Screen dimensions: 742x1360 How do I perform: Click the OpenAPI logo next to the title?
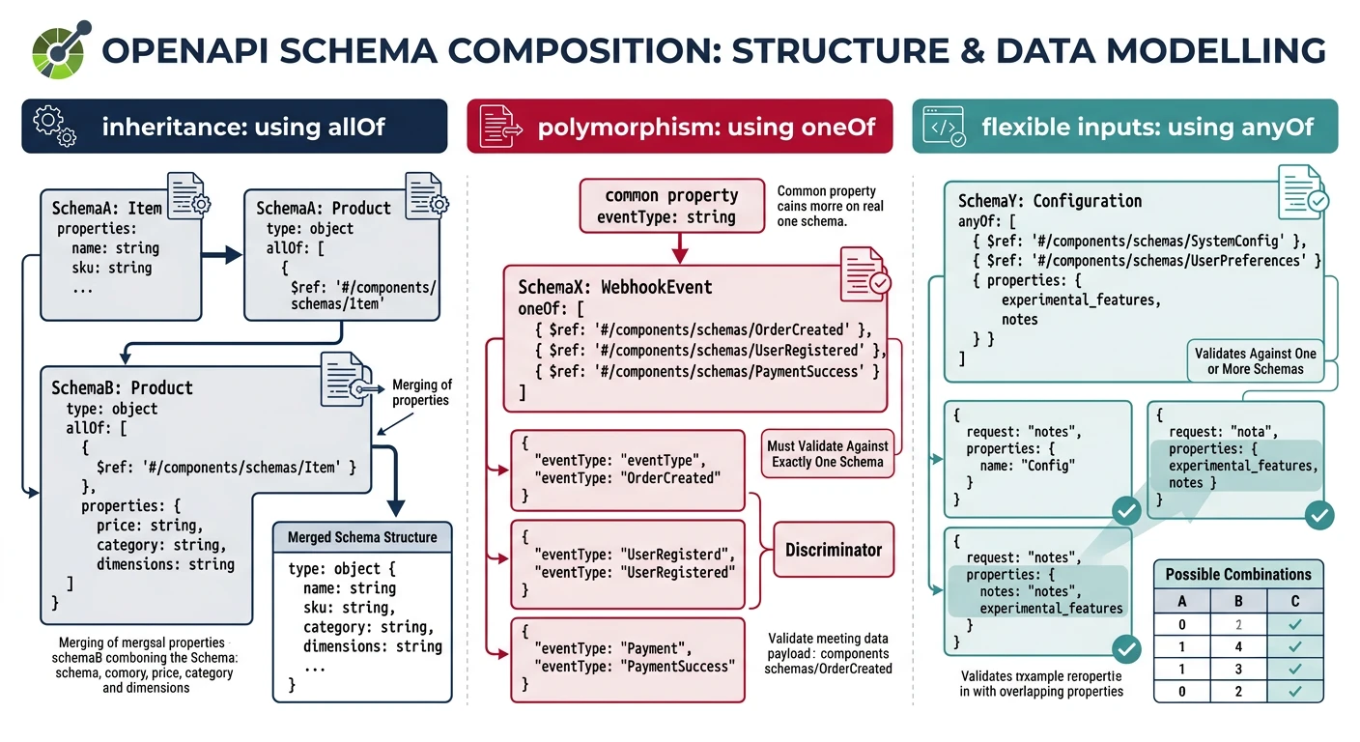click(x=61, y=48)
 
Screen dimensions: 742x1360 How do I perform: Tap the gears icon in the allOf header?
click(x=54, y=127)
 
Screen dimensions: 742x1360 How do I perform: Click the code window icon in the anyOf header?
click(x=943, y=127)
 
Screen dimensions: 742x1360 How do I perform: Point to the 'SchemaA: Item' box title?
click(x=106, y=208)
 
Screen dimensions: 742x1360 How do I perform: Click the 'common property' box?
click(x=670, y=206)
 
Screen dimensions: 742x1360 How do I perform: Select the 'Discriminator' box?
click(x=833, y=550)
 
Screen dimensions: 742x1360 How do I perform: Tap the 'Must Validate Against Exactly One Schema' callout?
click(x=827, y=454)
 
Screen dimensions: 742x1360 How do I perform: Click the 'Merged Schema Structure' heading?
click(x=362, y=537)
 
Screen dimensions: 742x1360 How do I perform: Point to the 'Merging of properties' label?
click(x=421, y=392)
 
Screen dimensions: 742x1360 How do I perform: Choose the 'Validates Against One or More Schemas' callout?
click(x=1255, y=361)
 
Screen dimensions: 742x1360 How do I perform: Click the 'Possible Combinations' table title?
click(x=1238, y=574)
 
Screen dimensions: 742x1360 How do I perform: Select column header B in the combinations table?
click(x=1238, y=600)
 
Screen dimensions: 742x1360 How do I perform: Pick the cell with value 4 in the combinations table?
click(x=1238, y=646)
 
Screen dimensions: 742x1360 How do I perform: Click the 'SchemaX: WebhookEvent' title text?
click(x=615, y=287)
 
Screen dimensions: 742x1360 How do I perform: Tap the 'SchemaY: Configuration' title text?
click(x=1049, y=201)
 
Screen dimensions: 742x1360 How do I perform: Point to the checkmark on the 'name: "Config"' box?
click(x=1125, y=511)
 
